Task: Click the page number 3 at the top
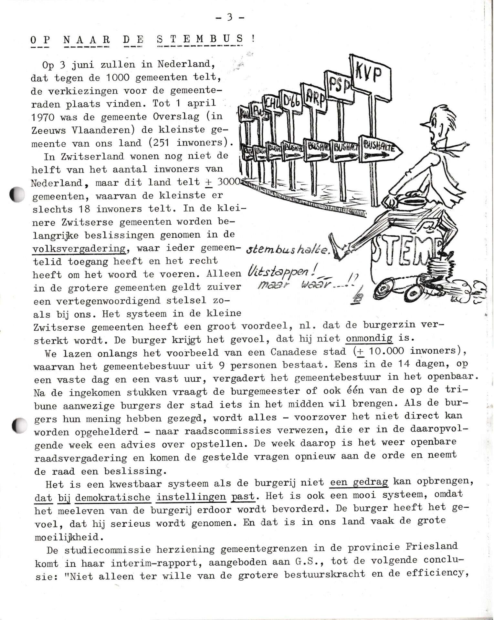[x=230, y=17]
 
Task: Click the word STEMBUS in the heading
[x=199, y=39]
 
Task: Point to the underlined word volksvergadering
[x=79, y=248]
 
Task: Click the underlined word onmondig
[x=369, y=338]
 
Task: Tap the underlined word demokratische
[x=113, y=497]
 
